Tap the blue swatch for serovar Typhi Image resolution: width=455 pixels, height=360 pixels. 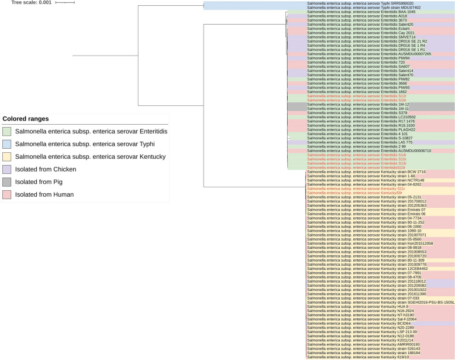click(7, 144)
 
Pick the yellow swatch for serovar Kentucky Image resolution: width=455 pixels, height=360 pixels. click(7, 157)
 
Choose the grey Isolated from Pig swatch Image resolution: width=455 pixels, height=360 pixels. click(7, 182)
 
